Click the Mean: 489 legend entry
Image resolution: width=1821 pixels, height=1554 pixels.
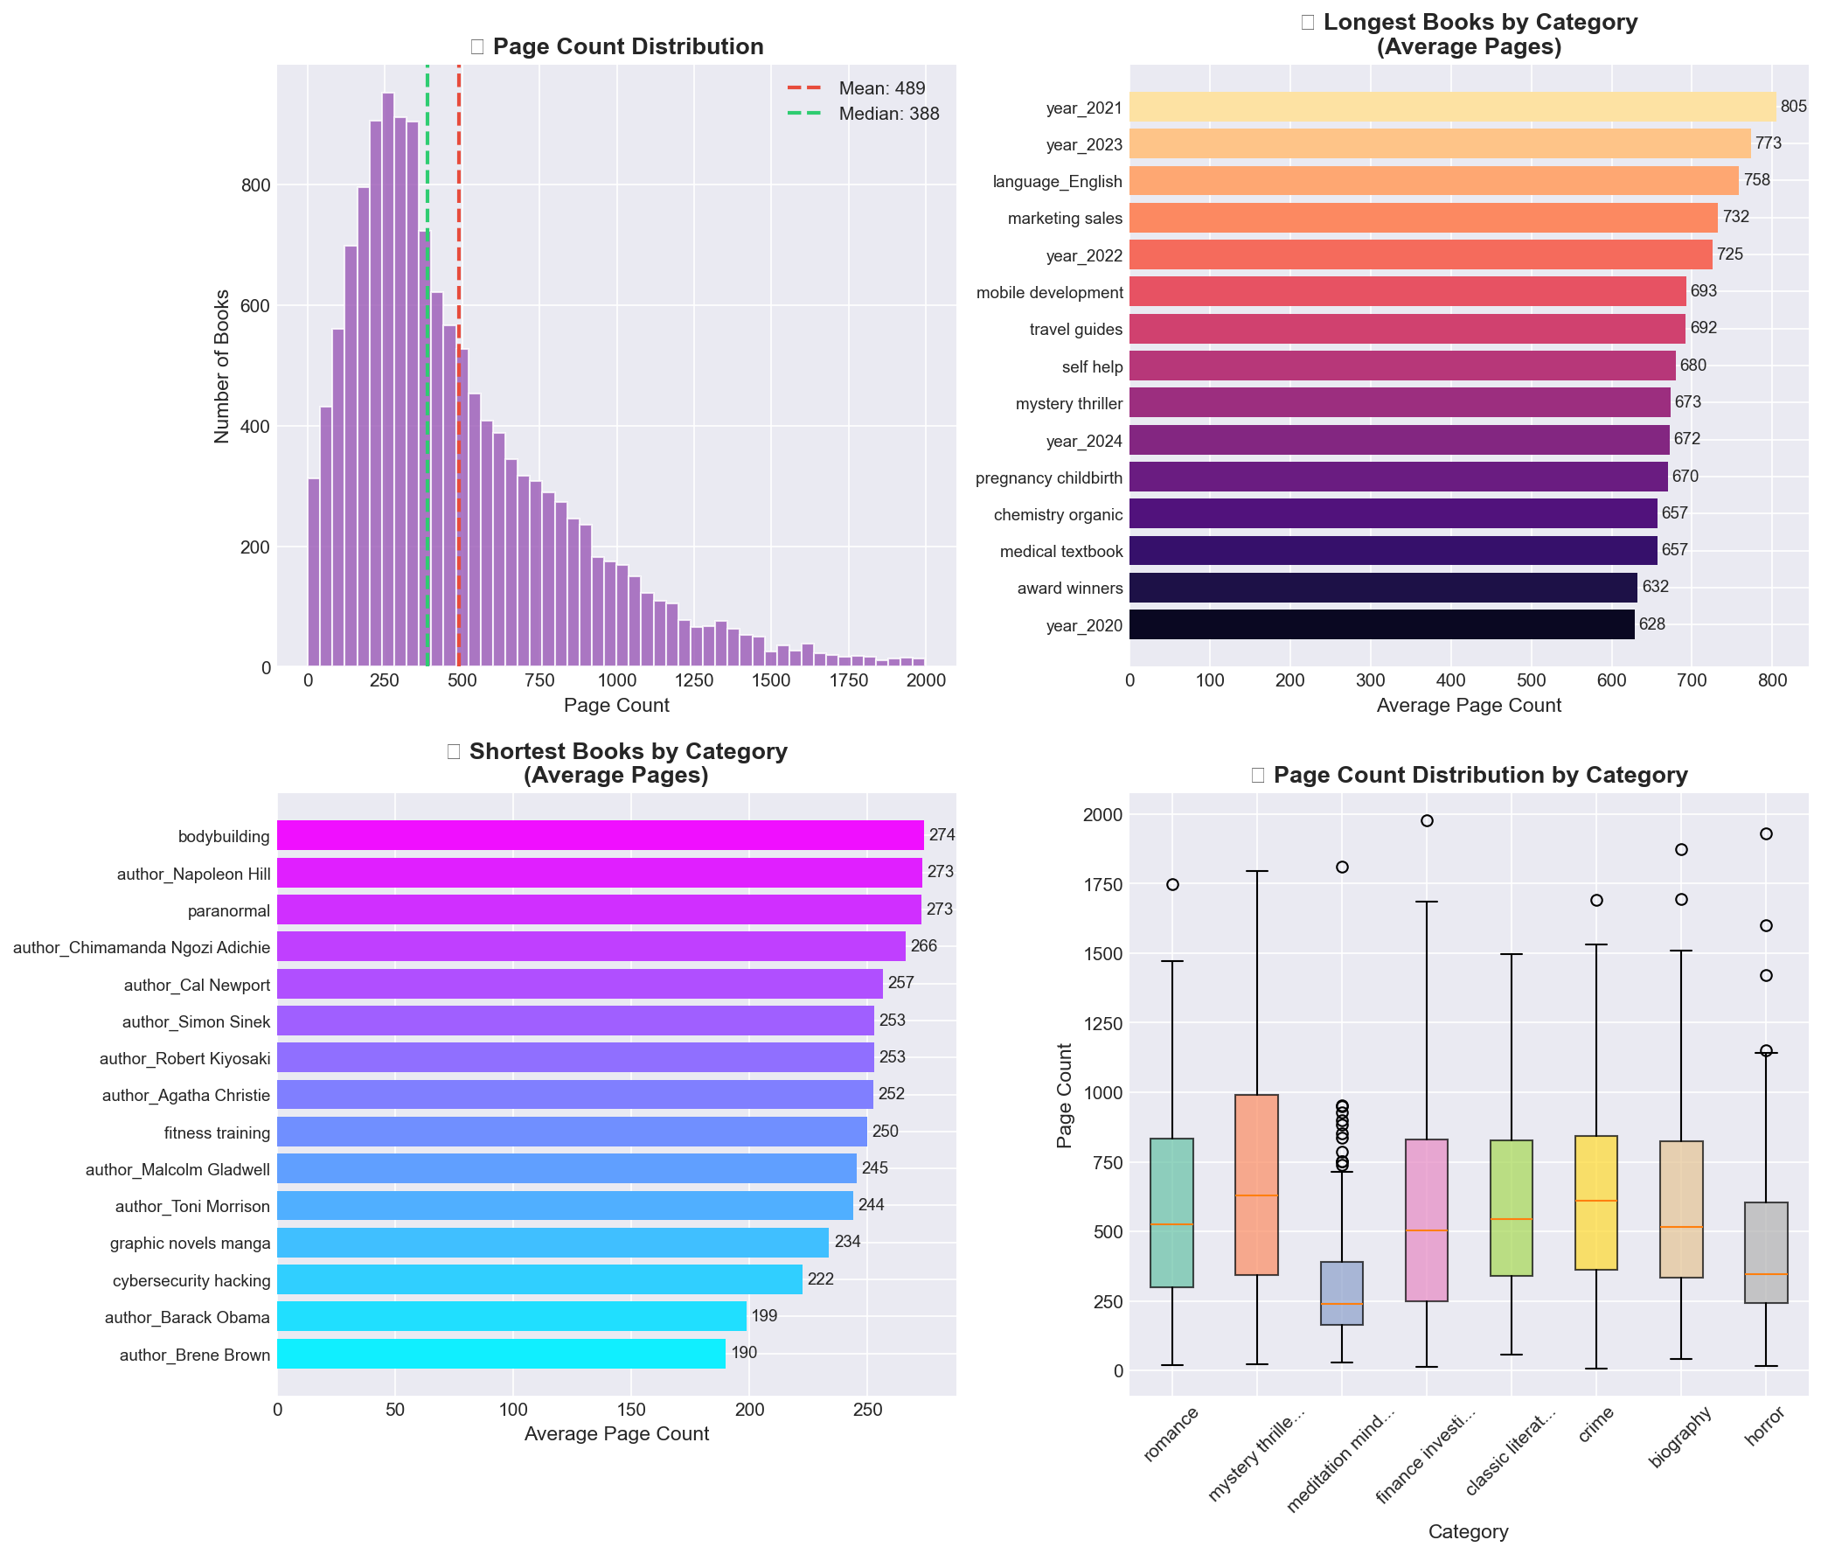[x=880, y=89]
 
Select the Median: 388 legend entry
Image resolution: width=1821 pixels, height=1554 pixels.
[x=887, y=115]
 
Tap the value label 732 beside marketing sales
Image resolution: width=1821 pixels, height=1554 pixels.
[x=1735, y=217]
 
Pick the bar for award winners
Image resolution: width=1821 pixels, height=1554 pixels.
[x=1382, y=588]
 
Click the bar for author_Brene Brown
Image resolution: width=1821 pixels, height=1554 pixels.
[x=501, y=1354]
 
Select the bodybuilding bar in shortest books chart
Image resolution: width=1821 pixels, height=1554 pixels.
[x=601, y=835]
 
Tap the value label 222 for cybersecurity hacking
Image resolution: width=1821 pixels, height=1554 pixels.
[x=820, y=1279]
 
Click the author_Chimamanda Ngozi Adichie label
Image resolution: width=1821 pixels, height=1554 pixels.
[x=142, y=947]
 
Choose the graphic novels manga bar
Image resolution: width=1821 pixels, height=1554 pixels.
[x=553, y=1242]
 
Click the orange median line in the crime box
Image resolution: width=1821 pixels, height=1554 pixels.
[x=1596, y=1201]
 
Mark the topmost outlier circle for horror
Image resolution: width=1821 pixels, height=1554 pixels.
[x=1766, y=833]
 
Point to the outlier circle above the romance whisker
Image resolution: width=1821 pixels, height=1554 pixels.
[x=1172, y=884]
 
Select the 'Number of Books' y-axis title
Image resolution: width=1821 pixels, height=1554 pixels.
[x=222, y=366]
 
